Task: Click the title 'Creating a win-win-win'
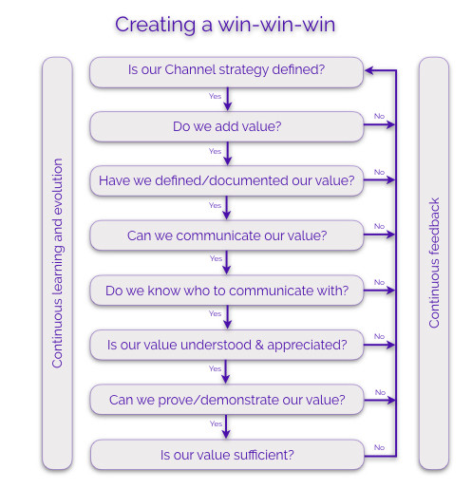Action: click(225, 25)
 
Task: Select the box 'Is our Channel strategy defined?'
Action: click(226, 72)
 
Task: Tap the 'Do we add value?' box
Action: click(227, 126)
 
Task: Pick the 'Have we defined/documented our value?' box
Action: click(227, 180)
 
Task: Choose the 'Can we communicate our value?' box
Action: click(227, 235)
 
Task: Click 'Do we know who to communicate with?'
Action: click(227, 291)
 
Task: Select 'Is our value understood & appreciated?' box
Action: click(227, 345)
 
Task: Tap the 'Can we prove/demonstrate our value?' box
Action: click(227, 400)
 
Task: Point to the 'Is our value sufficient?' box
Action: click(227, 455)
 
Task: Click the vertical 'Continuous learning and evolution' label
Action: click(57, 263)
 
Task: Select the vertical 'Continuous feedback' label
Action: click(434, 263)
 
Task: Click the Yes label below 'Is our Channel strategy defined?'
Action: click(215, 96)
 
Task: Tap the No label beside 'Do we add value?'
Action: click(379, 116)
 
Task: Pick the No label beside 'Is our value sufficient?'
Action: click(379, 447)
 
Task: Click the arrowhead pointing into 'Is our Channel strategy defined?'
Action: click(369, 70)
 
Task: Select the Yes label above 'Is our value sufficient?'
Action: click(216, 423)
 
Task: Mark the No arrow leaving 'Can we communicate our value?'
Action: click(379, 235)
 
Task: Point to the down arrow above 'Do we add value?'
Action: click(228, 99)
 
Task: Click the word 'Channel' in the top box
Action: click(190, 69)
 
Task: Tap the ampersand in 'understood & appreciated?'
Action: click(259, 345)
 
